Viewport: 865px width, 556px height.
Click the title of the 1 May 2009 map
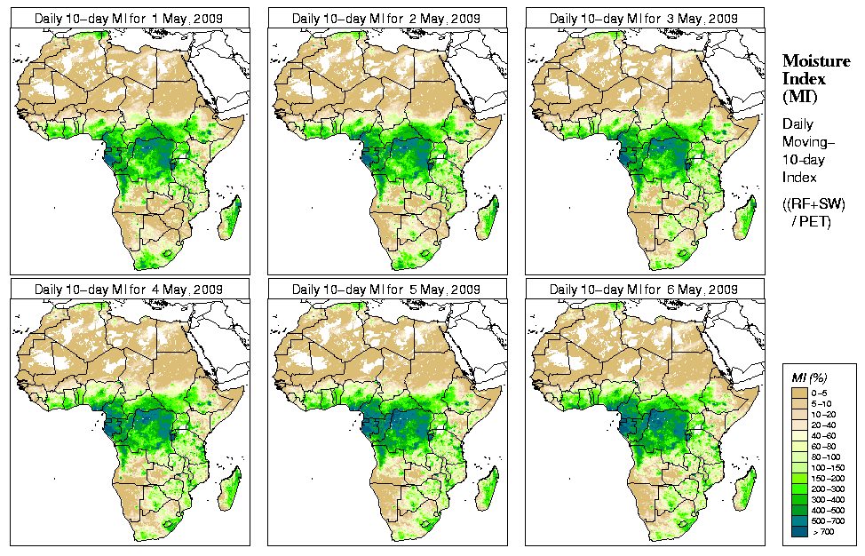pyautogui.click(x=129, y=18)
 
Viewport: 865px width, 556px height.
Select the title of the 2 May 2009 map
pyautogui.click(x=386, y=18)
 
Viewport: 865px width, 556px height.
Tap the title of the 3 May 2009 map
pyautogui.click(x=644, y=18)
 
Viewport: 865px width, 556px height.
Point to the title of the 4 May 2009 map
pyautogui.click(x=129, y=290)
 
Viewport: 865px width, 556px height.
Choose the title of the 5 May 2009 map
pyautogui.click(x=386, y=290)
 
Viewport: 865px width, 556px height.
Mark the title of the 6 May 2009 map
pyautogui.click(x=644, y=290)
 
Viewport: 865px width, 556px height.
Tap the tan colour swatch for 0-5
pyautogui.click(x=798, y=392)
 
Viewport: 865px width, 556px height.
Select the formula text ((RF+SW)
pyautogui.click(x=813, y=205)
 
